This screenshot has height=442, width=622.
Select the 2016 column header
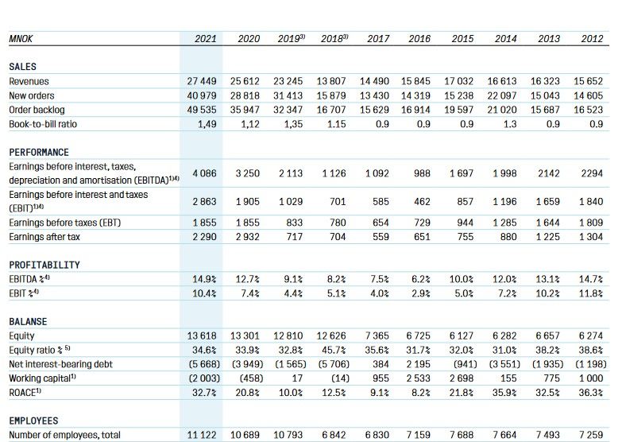[x=419, y=39]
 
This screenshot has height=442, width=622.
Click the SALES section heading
[x=22, y=67]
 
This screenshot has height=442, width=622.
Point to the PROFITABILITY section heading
[x=44, y=265]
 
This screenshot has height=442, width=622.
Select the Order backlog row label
[x=37, y=110]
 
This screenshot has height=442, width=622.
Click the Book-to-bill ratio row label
[x=43, y=124]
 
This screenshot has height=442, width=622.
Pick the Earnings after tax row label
[x=44, y=237]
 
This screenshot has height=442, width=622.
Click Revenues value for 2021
[x=202, y=81]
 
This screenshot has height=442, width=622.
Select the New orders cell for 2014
[x=502, y=95]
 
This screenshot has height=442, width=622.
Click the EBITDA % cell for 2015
[x=461, y=279]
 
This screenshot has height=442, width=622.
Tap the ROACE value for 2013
[x=547, y=393]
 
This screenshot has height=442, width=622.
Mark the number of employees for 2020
[x=245, y=435]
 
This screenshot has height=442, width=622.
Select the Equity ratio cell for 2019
[x=290, y=350]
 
